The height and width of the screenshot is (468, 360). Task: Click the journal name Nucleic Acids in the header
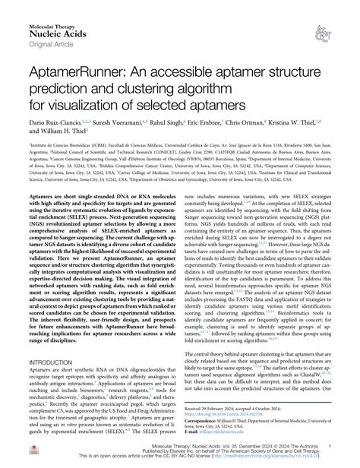tap(39, 21)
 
